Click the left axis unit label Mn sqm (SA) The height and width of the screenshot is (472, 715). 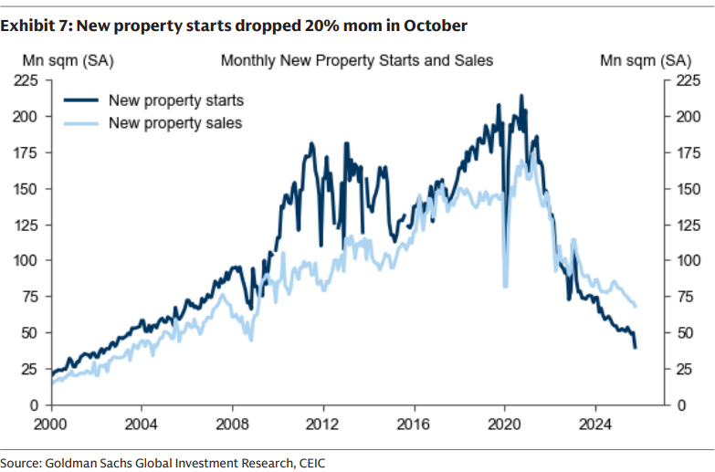click(x=62, y=61)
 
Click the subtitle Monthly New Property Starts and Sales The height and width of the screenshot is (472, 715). click(x=357, y=61)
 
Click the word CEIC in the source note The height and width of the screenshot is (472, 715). click(x=308, y=463)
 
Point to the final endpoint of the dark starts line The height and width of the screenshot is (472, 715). click(x=636, y=347)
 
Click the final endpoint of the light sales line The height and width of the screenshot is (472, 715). click(x=636, y=305)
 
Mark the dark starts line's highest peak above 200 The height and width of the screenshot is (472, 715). click(x=521, y=95)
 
